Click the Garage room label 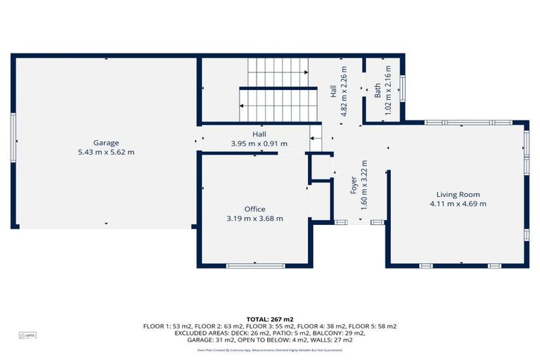pyautogui.click(x=106, y=142)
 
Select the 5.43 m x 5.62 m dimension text pyautogui.click(x=106, y=151)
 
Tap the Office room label pyautogui.click(x=255, y=209)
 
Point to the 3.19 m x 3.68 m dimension pyautogui.click(x=255, y=218)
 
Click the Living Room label pyautogui.click(x=458, y=194)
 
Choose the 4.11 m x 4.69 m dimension pyautogui.click(x=458, y=203)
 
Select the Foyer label pyautogui.click(x=355, y=185)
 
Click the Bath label pyautogui.click(x=378, y=90)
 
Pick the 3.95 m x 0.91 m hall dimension pyautogui.click(x=259, y=143)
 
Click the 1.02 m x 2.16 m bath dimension pyautogui.click(x=387, y=89)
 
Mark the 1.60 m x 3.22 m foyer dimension pyautogui.click(x=365, y=185)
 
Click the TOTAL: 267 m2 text pyautogui.click(x=270, y=319)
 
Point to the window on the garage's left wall pyautogui.click(x=13, y=138)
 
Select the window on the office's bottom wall pyautogui.click(x=255, y=266)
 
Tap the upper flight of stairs pyautogui.click(x=278, y=71)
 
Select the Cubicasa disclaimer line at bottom pyautogui.click(x=270, y=349)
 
